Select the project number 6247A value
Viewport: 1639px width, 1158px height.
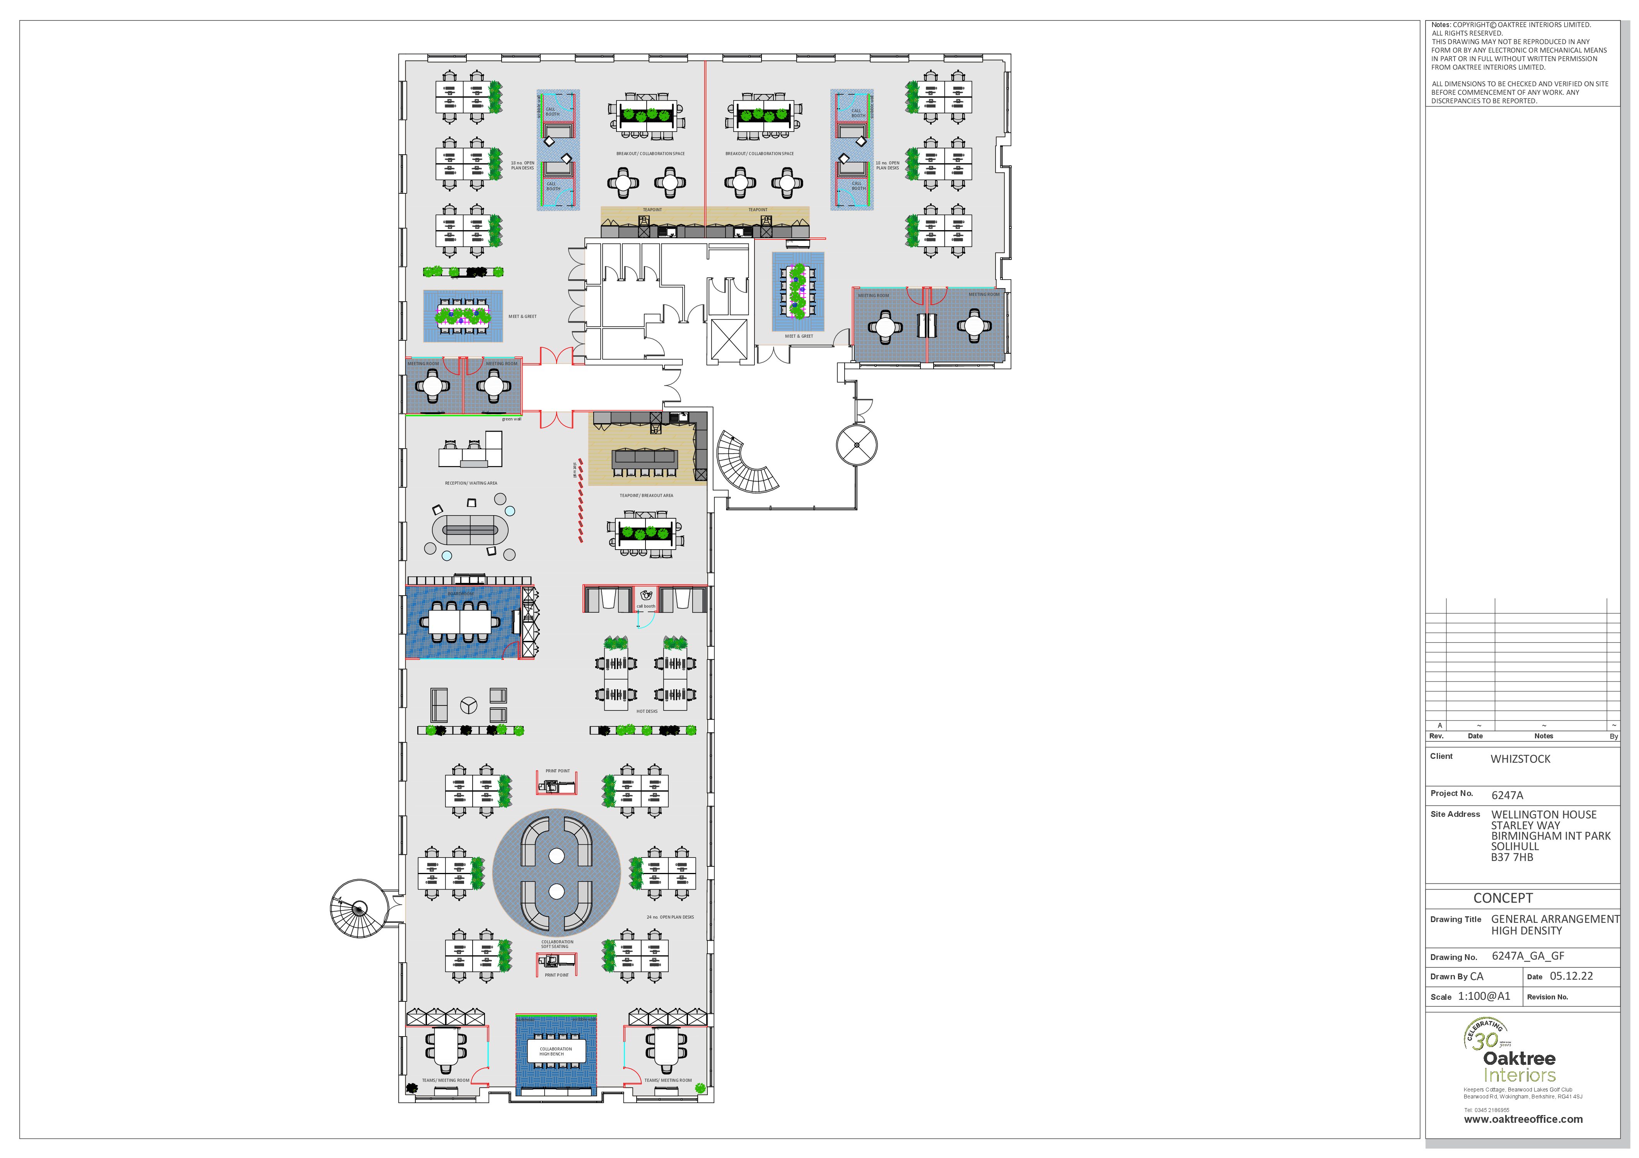1507,795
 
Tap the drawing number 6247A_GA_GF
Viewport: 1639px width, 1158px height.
1528,956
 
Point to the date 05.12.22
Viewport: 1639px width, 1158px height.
1571,976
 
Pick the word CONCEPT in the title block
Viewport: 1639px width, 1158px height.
1502,898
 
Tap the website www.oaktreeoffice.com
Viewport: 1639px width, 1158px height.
1523,1119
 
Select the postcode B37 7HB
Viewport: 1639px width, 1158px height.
1511,857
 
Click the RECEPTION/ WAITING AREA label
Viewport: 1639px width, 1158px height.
471,483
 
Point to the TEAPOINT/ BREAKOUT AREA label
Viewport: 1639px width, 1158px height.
646,495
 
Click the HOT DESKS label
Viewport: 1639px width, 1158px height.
647,711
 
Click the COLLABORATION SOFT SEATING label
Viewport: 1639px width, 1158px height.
557,944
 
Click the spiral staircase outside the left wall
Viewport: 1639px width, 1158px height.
359,908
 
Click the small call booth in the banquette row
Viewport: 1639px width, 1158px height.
645,598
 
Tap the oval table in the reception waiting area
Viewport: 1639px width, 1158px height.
470,530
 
